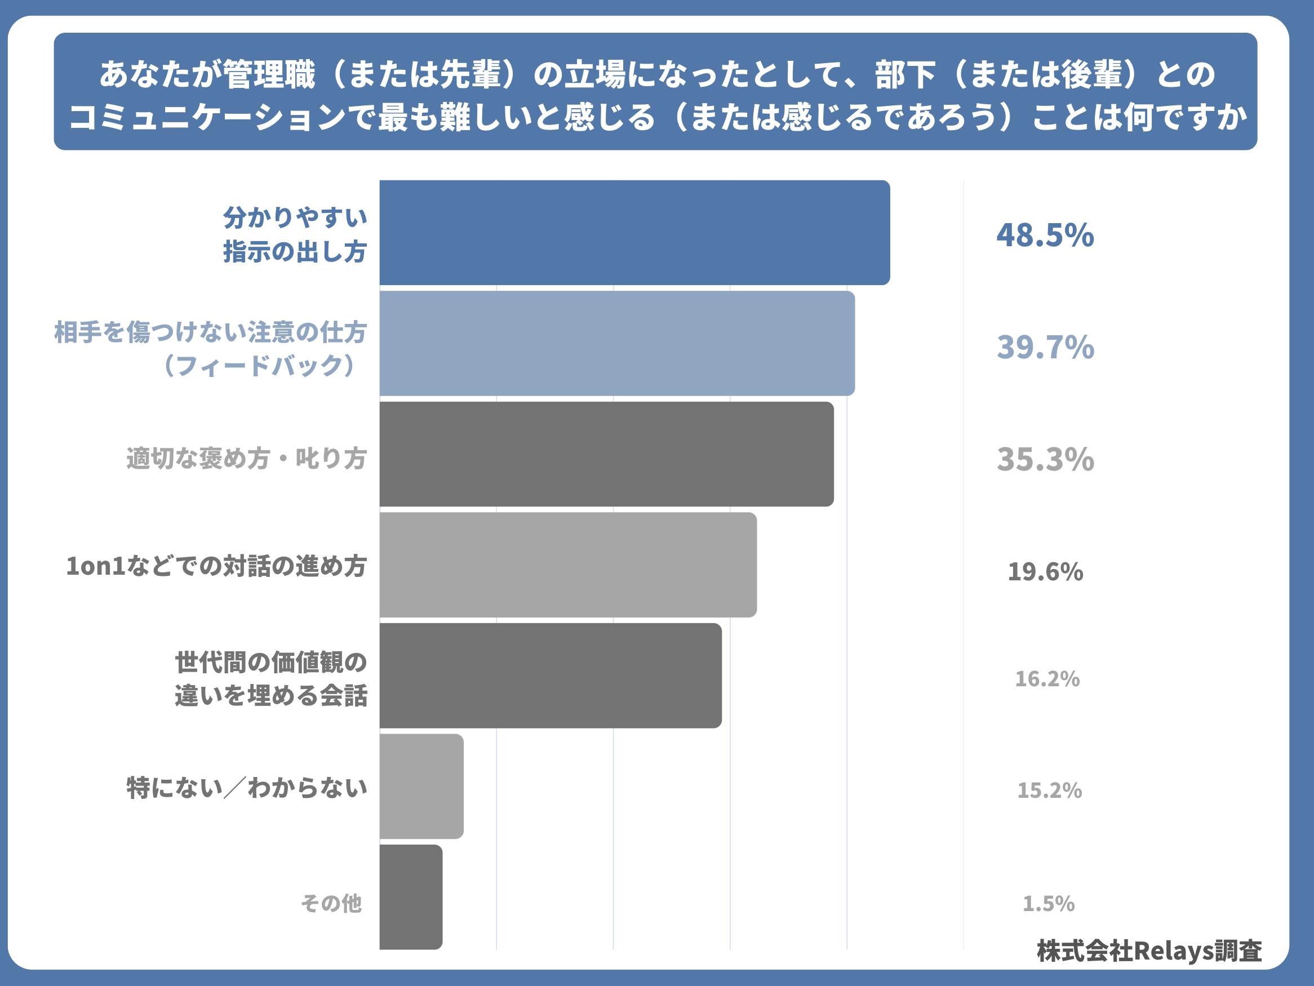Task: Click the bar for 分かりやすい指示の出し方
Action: pyautogui.click(x=634, y=233)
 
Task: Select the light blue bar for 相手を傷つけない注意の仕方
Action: pyautogui.click(x=617, y=343)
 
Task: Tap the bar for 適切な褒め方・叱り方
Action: pyautogui.click(x=606, y=454)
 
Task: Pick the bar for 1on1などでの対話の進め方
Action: pyautogui.click(x=568, y=565)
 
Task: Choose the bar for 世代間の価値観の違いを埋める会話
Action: pyautogui.click(x=551, y=676)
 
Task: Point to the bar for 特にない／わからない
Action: pyautogui.click(x=421, y=787)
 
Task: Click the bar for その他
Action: pyautogui.click(x=410, y=897)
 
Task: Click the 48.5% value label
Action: pyautogui.click(x=1045, y=235)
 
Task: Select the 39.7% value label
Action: pyautogui.click(x=1045, y=348)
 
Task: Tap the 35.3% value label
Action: pyautogui.click(x=1045, y=459)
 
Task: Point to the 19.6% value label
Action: pyautogui.click(x=1045, y=572)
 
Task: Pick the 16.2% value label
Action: pyautogui.click(x=1047, y=679)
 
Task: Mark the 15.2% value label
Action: pyautogui.click(x=1049, y=790)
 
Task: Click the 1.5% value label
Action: pyautogui.click(x=1049, y=903)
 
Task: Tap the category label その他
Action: pyautogui.click(x=331, y=903)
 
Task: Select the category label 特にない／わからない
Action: pyautogui.click(x=247, y=788)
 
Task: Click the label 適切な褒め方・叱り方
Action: pyautogui.click(x=247, y=459)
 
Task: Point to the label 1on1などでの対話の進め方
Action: pyautogui.click(x=216, y=566)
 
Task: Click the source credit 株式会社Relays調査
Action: pyautogui.click(x=1149, y=951)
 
